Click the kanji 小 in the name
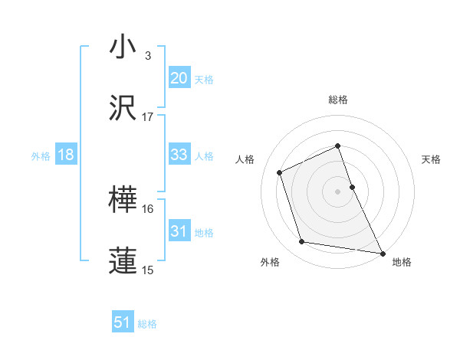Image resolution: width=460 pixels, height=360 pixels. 123,47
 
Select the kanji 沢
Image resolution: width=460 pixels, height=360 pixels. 123,108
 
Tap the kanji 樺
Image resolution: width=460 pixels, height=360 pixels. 123,200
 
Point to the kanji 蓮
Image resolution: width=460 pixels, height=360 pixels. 123,260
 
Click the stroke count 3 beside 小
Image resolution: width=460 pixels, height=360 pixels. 148,56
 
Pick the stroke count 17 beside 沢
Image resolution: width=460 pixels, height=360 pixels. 148,117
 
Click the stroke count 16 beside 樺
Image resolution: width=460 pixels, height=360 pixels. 148,208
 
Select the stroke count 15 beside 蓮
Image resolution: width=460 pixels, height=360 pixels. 148,270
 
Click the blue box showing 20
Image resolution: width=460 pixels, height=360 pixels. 179,77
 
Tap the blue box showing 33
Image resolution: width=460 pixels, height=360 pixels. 179,155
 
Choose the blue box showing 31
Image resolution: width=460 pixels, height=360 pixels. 179,231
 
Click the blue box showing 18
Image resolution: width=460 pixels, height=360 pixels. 66,155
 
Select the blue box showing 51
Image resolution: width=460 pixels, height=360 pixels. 123,322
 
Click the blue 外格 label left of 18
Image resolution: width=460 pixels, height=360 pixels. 41,156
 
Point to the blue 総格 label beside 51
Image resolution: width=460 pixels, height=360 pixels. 147,324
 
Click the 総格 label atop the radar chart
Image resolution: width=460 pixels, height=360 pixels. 338,100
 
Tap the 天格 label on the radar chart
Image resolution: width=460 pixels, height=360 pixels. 432,159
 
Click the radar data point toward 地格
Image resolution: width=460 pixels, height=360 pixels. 383,252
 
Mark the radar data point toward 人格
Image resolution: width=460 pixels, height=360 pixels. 281,172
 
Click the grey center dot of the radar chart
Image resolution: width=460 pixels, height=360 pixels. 338,191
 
